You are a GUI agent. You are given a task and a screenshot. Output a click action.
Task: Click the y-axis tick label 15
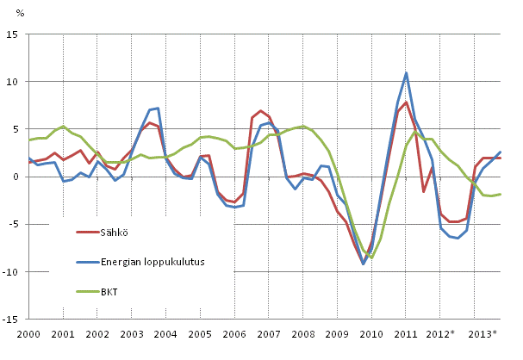pos(14,34)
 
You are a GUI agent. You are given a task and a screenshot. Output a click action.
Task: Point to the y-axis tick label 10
pos(14,82)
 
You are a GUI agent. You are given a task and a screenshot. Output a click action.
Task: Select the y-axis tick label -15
pos(12,319)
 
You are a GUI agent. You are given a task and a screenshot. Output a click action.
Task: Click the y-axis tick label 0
pos(16,177)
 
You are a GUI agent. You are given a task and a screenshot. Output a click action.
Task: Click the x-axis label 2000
pos(28,333)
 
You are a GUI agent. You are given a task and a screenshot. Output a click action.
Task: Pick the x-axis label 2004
pos(165,333)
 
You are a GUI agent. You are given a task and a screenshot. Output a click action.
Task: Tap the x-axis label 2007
pos(267,333)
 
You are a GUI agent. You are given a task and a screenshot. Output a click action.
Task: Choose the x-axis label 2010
pos(370,333)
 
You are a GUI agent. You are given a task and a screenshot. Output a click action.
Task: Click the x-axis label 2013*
pos(482,333)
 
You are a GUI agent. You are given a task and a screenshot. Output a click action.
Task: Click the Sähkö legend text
pos(116,232)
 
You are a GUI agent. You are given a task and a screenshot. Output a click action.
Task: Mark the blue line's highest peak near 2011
pos(406,73)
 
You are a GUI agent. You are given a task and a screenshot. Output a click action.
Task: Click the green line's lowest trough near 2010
pos(372,258)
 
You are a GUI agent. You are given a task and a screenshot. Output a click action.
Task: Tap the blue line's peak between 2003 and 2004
pos(158,109)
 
